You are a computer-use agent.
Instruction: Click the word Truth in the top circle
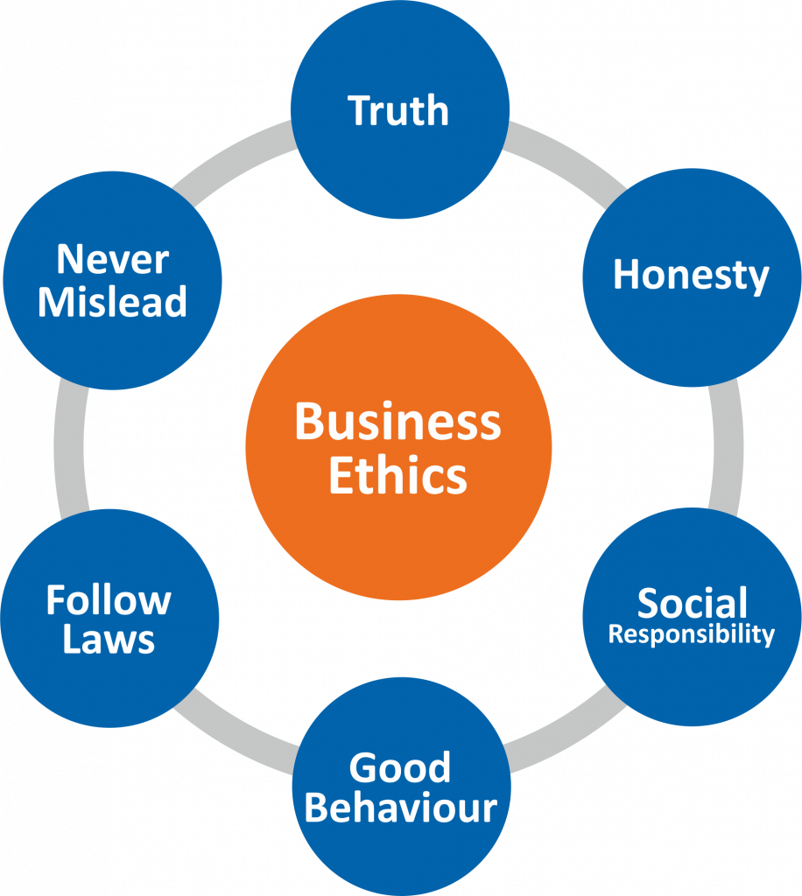click(398, 111)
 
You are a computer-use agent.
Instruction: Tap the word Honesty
click(691, 276)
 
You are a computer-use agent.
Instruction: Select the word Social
click(692, 603)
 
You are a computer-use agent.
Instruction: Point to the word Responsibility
click(692, 633)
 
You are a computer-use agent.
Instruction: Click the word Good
click(400, 768)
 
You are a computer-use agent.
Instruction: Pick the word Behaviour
click(400, 807)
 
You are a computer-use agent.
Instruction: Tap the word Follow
click(109, 600)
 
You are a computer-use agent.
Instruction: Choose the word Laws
click(109, 640)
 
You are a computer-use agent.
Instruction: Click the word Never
click(112, 260)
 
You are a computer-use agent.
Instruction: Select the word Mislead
click(112, 301)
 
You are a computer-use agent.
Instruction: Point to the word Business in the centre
click(398, 422)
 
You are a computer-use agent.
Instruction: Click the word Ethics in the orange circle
click(398, 476)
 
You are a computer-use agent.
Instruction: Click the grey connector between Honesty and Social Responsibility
click(725, 446)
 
